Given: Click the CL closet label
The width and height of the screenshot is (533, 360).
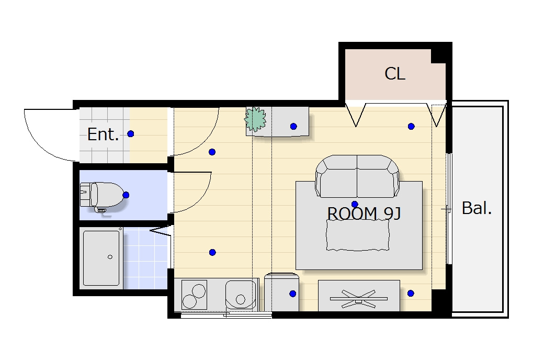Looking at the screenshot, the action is tap(395, 73).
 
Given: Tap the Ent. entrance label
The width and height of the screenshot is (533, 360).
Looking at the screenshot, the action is tap(103, 134).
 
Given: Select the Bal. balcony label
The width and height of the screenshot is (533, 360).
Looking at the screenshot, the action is tap(477, 208).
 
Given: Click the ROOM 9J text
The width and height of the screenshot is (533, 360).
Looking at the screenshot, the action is tap(364, 214).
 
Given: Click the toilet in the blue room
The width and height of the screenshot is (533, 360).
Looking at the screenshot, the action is tap(102, 196).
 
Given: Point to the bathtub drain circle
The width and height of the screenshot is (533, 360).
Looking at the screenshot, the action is tap(110, 257).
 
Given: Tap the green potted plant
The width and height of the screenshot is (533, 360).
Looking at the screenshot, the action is tap(255, 119).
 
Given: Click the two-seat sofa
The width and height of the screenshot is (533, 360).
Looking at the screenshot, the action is tap(357, 176).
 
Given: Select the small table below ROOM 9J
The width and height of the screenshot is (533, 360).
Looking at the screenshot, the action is tap(358, 235).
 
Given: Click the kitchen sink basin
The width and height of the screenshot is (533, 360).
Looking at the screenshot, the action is tap(240, 295).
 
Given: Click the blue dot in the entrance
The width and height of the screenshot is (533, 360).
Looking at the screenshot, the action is tap(131, 134).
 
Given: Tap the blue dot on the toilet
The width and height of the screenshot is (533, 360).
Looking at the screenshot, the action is tap(126, 195).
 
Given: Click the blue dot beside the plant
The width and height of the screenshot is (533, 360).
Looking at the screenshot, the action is tap(293, 127).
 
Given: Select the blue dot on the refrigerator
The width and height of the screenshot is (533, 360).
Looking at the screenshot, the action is tap(293, 294).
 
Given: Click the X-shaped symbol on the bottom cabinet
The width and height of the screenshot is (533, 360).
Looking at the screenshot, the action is tap(359, 299).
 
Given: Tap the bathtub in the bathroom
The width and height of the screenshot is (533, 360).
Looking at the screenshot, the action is tap(101, 258).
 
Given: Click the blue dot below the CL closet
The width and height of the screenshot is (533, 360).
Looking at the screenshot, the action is tap(411, 127).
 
